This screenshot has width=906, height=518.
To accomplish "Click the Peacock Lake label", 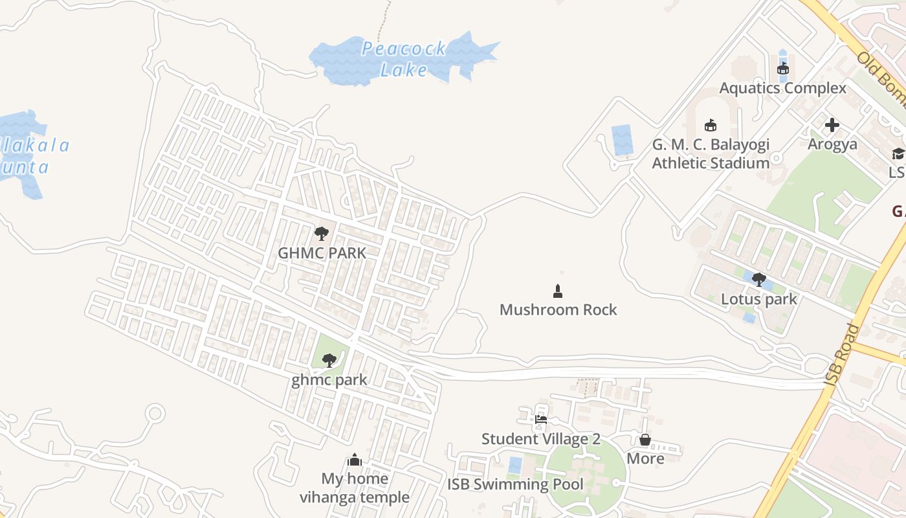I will point(404,59).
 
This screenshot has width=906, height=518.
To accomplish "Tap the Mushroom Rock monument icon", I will point(558,291).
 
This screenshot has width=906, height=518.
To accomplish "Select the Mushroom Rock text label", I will point(558,310).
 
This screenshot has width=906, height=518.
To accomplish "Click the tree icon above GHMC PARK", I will point(321,234).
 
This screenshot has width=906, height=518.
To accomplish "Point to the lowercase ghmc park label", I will point(329,380).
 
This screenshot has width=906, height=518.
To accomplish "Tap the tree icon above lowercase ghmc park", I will point(329,360).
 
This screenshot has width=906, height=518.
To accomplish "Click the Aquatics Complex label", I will point(782,88).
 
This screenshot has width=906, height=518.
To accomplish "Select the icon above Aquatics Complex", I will point(782,68).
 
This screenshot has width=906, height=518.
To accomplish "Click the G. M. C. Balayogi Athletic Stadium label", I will point(710,153).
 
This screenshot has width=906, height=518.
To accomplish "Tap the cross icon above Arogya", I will point(832,125).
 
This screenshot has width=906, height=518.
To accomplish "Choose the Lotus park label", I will point(759,300).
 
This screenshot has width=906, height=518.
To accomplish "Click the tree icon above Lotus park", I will point(758,280).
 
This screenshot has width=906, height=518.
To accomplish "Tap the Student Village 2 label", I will point(540,439).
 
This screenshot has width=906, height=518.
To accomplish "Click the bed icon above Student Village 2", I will point(541,420).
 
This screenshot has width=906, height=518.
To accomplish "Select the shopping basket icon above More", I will point(645,440).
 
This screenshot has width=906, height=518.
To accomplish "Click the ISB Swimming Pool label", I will point(515,484).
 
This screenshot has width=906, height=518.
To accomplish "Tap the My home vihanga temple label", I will point(355,488).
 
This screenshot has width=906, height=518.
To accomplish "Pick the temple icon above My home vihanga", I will point(355,460).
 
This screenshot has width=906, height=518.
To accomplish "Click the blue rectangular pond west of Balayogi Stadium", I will point(623,140).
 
